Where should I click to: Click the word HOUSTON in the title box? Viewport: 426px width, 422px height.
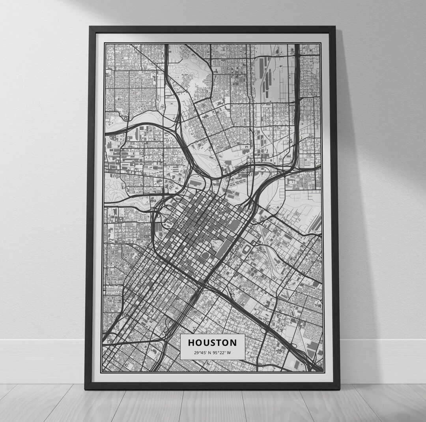[x=212, y=343]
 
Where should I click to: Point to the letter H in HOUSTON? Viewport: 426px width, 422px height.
[x=191, y=343]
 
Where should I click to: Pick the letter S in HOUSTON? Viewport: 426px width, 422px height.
[x=213, y=343]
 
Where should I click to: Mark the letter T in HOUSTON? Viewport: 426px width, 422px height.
[x=219, y=343]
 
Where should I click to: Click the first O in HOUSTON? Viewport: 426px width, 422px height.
[x=198, y=343]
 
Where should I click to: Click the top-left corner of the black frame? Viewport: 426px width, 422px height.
[x=90, y=27]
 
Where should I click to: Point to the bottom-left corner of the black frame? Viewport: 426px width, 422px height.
[x=86, y=388]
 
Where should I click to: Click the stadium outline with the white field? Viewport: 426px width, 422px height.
[x=247, y=249]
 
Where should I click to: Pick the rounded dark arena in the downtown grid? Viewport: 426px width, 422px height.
[x=205, y=256]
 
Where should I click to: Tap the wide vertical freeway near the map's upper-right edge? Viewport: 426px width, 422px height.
[x=297, y=99]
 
